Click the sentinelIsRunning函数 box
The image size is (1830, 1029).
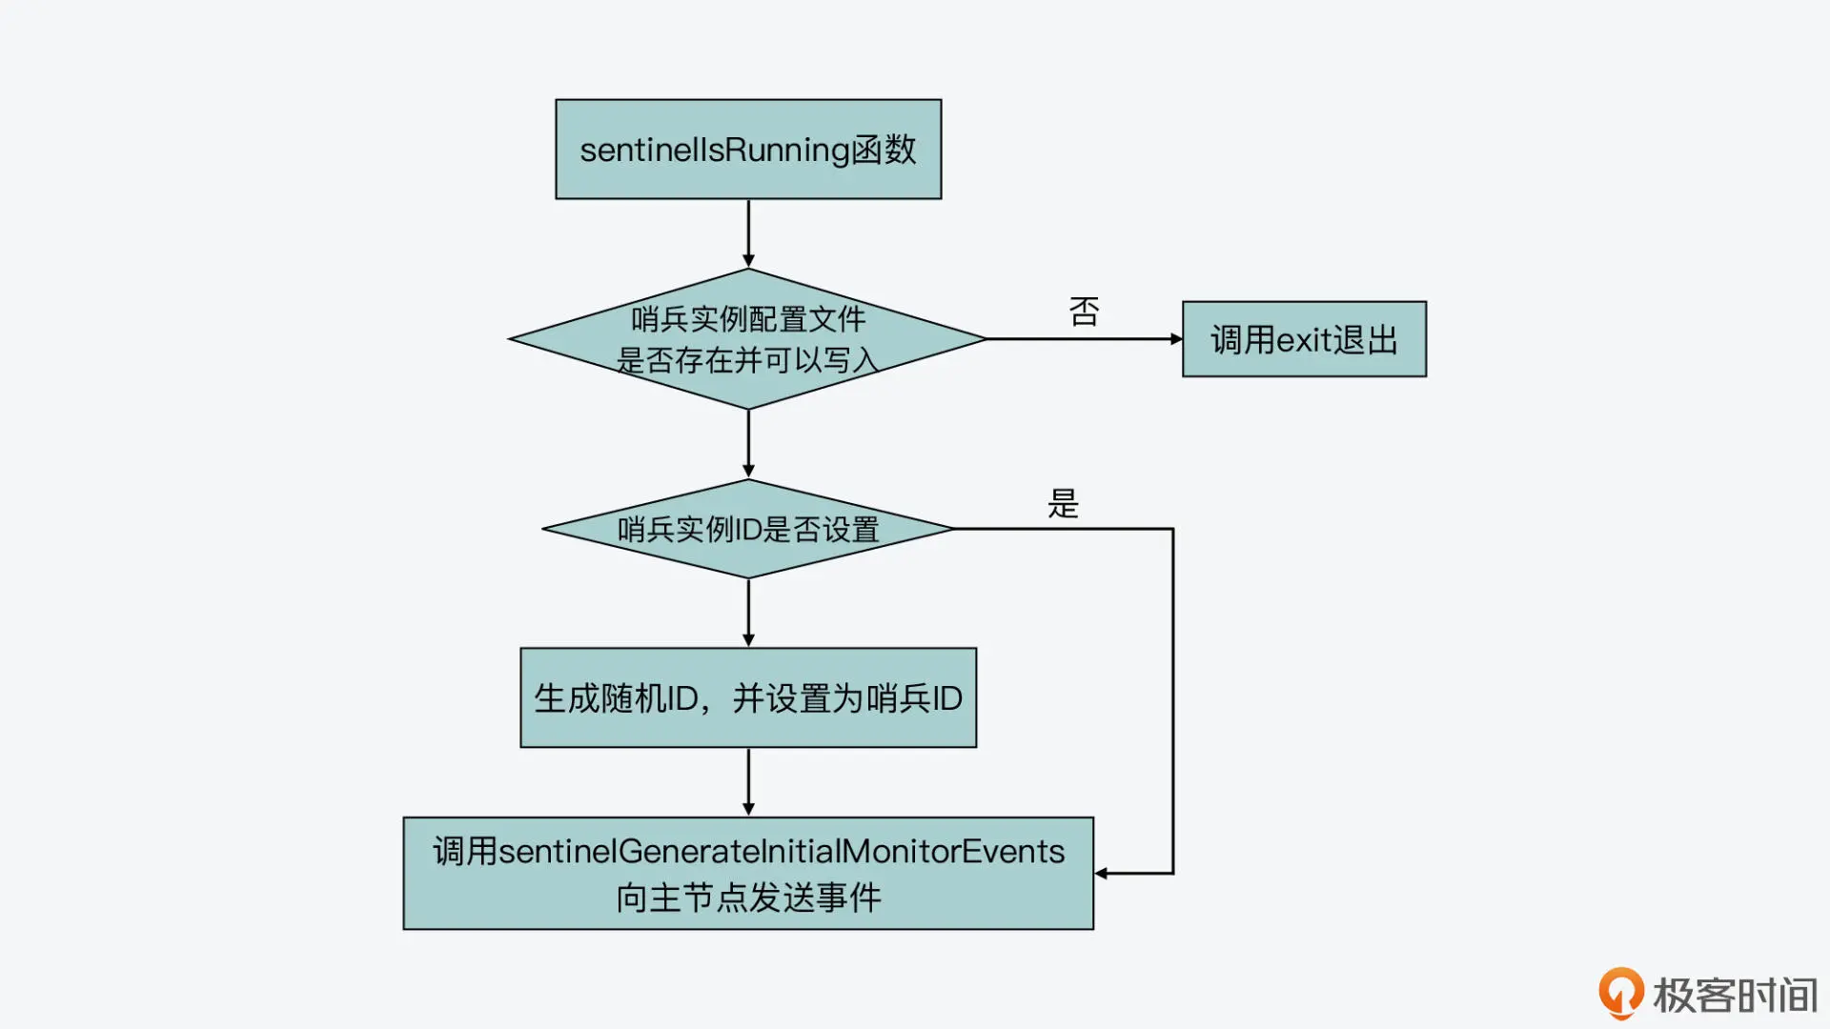[748, 150]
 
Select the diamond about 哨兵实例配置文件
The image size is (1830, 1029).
[748, 338]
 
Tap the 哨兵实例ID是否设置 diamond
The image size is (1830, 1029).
[748, 529]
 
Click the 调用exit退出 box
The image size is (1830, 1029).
[1304, 339]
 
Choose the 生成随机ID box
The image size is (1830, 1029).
[748, 697]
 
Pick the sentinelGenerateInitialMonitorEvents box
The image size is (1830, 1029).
[748, 873]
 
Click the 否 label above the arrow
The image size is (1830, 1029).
[1084, 312]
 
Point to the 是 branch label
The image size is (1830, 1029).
[1063, 503]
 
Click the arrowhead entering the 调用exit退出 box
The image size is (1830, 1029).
[1176, 339]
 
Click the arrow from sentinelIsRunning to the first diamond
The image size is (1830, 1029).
[748, 233]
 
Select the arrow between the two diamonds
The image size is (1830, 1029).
[748, 444]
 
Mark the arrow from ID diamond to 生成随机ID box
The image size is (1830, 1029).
[748, 613]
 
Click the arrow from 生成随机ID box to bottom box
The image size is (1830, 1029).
[748, 781]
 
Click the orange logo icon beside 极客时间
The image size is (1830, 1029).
[1620, 993]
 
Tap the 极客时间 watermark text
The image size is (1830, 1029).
[1735, 996]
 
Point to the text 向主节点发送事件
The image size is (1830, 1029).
[748, 898]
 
